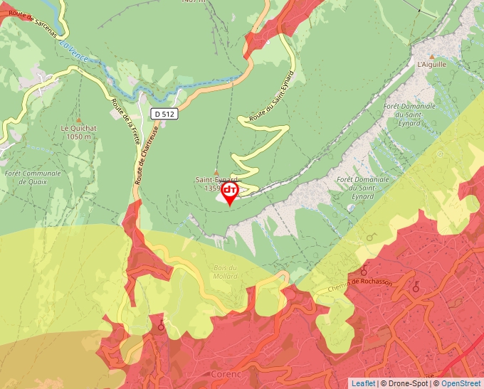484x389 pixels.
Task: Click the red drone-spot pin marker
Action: pos(230,192)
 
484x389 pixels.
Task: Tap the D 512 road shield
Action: pos(164,113)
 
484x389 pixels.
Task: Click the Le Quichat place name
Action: pos(78,128)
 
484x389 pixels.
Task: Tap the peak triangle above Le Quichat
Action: pos(78,119)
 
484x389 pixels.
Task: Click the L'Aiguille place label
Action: pos(431,64)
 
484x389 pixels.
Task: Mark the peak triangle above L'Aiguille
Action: pos(431,55)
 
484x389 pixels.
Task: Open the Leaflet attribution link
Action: pos(363,383)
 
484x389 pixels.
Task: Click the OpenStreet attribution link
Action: pos(461,383)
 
